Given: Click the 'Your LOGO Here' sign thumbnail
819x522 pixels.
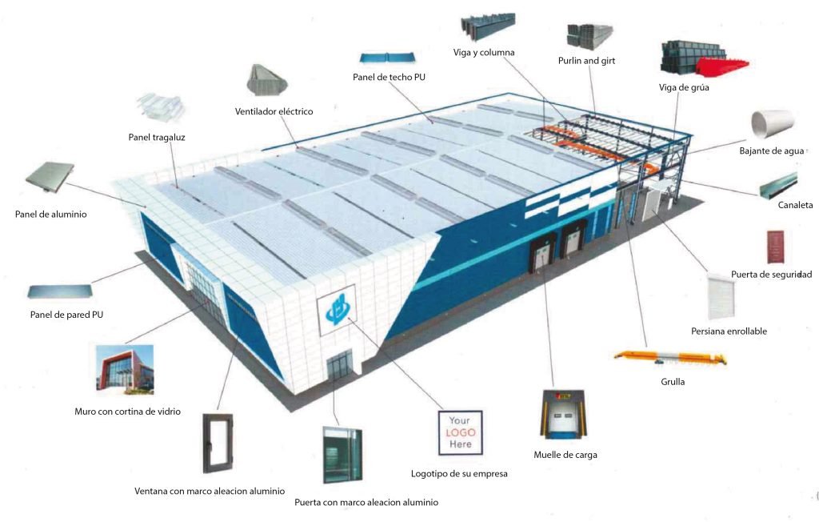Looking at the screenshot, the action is point(460,432).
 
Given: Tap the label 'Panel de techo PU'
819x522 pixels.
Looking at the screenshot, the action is point(390,78).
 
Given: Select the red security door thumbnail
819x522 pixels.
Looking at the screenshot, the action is point(776,247).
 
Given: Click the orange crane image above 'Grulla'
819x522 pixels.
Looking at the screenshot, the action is point(671,359).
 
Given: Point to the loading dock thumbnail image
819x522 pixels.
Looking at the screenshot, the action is point(563,414).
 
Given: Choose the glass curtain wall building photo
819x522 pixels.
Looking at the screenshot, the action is point(125,369).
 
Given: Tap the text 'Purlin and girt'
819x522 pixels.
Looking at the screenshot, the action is point(586,61).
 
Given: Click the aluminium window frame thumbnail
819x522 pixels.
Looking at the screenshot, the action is point(218,444).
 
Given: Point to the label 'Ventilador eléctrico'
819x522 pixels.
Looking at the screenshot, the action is point(274,111).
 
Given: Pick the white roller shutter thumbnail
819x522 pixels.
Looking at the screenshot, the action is point(721,296).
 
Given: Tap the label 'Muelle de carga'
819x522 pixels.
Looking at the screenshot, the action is point(565,455).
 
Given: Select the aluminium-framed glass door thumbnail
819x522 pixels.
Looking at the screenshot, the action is point(342,455).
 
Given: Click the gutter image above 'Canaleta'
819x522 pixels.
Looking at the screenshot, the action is point(778,186).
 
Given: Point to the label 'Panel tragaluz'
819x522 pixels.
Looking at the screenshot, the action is point(157,138).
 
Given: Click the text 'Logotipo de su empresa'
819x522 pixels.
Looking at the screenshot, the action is point(459,474).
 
